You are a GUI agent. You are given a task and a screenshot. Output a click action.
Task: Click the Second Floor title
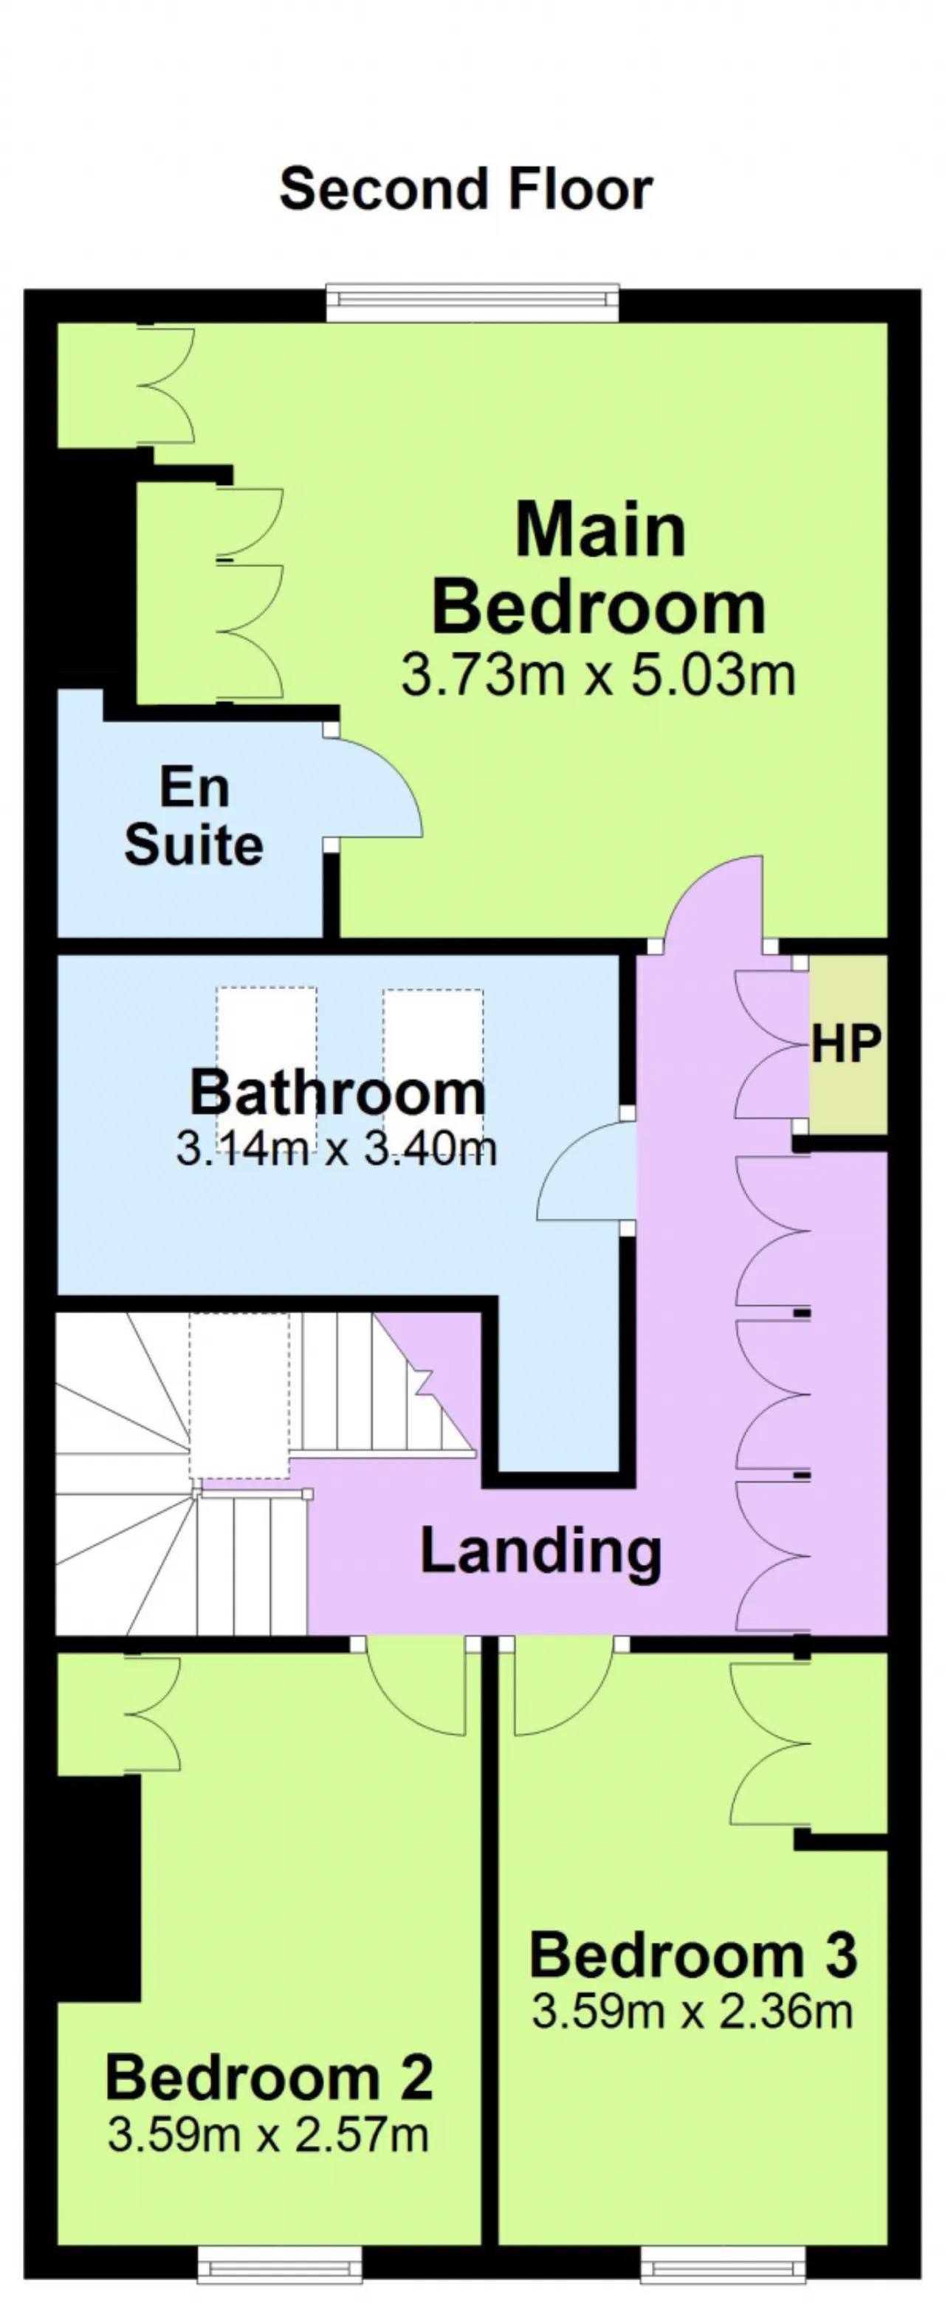click(x=466, y=190)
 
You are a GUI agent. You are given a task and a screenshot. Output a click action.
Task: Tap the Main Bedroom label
click(x=599, y=568)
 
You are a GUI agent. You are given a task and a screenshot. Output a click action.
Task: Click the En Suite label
click(x=194, y=816)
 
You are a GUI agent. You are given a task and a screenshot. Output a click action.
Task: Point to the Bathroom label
click(x=337, y=1093)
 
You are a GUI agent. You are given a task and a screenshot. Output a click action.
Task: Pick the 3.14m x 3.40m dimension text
click(x=337, y=1149)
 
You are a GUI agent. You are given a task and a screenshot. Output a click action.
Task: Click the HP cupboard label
click(x=846, y=1043)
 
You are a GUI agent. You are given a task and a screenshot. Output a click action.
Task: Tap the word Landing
click(x=541, y=1552)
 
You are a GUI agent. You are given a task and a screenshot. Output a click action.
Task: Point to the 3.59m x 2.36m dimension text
click(x=692, y=2012)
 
